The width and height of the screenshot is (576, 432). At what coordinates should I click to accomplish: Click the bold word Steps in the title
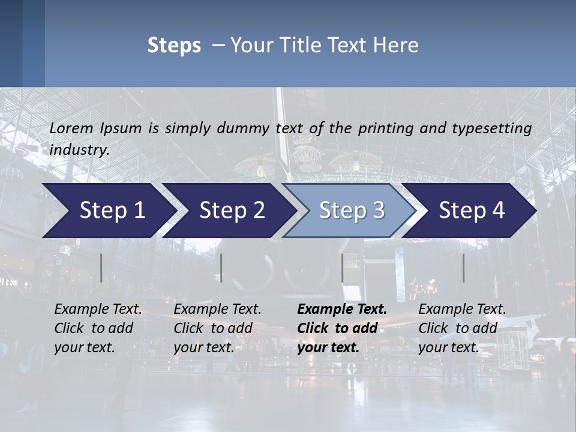[x=174, y=46]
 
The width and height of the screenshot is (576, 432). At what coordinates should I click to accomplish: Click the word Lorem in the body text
[x=71, y=128]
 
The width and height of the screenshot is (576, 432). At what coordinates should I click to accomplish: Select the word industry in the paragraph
[x=79, y=150]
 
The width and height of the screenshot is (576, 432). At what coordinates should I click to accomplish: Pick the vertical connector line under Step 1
[x=101, y=268]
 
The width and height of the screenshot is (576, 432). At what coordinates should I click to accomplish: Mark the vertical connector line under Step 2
[x=221, y=268]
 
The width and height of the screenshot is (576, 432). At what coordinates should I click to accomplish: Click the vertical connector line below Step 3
[x=343, y=268]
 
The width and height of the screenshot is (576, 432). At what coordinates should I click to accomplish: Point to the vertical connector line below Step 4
[x=463, y=268]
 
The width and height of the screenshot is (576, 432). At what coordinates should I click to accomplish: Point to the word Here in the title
[x=398, y=46]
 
